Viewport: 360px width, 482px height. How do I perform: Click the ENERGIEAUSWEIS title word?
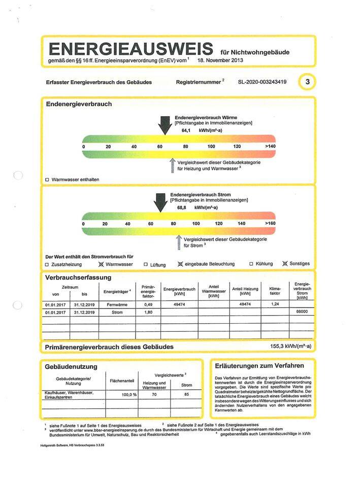[130, 49]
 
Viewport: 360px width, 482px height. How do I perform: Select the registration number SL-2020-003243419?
[262, 82]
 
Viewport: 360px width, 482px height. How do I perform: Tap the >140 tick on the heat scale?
[269, 147]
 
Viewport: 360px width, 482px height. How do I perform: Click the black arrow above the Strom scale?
[160, 202]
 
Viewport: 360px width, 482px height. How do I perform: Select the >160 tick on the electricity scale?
[270, 224]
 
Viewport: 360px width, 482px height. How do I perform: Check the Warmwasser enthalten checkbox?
[47, 180]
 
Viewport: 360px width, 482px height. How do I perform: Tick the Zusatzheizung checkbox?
[47, 264]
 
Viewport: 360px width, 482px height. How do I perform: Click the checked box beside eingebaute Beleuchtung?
[180, 264]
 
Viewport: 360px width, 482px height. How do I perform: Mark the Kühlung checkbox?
[251, 264]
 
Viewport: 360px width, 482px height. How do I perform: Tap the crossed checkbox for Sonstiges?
[285, 264]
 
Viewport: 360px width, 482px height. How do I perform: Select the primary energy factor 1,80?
[148, 313]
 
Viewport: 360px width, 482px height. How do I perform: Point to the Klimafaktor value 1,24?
[275, 304]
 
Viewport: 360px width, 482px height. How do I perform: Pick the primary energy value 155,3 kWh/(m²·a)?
[290, 347]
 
